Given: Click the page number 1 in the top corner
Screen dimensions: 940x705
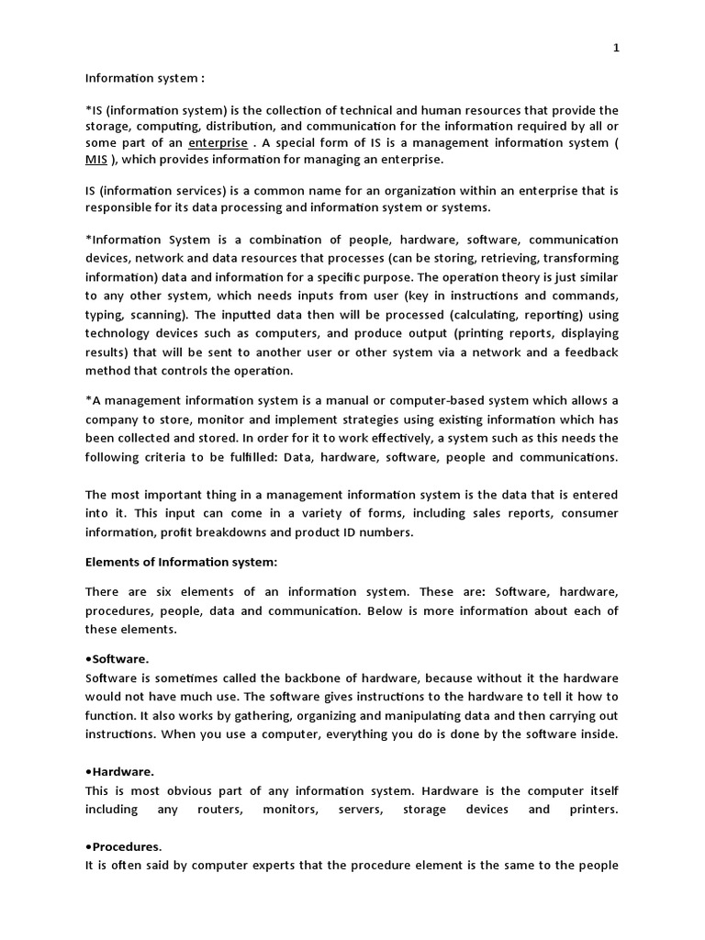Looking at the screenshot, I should tap(616, 49).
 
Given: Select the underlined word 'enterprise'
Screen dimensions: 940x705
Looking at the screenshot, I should tap(218, 143).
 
